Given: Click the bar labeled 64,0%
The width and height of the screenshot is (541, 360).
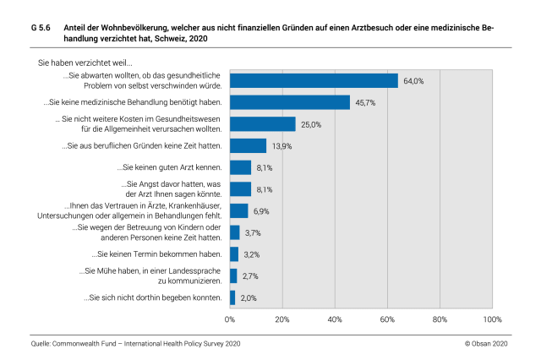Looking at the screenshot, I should point(314,80).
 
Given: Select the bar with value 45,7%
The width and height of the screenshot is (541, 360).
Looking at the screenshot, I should point(290,102).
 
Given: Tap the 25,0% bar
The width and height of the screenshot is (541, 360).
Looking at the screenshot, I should point(263,124).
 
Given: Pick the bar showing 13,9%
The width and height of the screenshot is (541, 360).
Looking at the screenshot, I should point(248,145).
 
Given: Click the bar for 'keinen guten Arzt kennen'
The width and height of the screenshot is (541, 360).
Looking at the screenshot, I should point(240,167).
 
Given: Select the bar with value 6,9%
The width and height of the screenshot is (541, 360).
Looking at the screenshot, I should point(239,210).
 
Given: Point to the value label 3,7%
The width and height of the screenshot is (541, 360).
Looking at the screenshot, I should point(252,232).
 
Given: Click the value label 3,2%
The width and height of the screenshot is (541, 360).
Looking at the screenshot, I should point(250,254).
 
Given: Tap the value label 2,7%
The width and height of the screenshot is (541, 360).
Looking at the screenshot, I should point(249,275).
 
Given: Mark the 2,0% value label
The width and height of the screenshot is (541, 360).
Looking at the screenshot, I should point(248,297).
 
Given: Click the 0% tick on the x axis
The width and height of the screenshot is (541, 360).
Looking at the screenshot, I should point(229,319).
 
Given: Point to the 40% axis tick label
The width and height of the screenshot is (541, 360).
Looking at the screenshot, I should point(335,319).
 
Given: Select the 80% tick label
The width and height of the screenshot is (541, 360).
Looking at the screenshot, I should point(440,319).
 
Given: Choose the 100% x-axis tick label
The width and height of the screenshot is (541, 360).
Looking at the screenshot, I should point(492,319).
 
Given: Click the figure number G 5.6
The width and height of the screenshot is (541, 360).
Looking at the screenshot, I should point(40,27).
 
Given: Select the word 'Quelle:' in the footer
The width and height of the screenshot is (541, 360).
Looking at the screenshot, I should point(39,346).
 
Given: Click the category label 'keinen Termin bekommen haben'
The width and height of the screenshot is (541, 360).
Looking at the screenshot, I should point(157,254).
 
